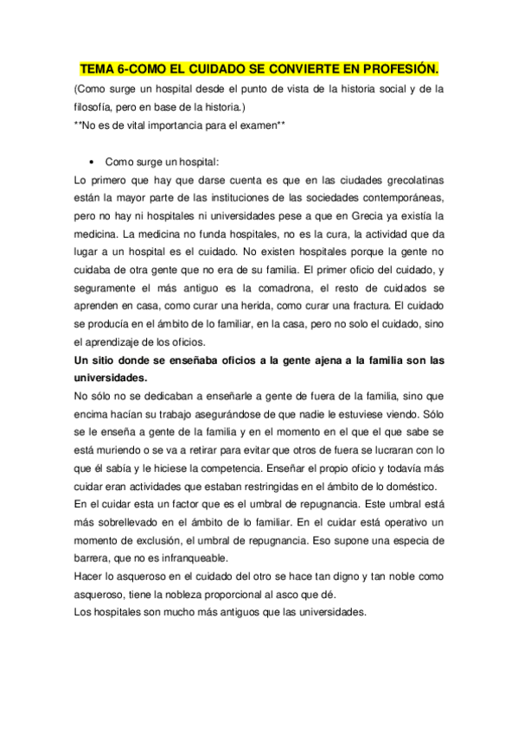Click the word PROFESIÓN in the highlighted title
pos(395,67)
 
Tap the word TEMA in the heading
pos(98,67)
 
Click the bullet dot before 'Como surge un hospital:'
pos(91,162)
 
